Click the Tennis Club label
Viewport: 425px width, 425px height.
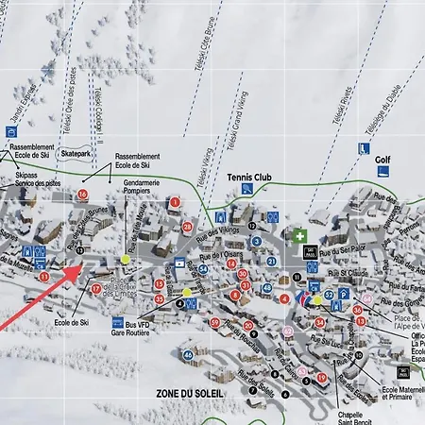click(x=249, y=177)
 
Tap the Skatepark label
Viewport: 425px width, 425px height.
click(x=74, y=152)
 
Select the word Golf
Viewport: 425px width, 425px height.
click(x=382, y=161)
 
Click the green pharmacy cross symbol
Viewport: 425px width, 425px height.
click(x=299, y=235)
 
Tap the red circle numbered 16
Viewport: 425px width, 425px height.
click(x=84, y=195)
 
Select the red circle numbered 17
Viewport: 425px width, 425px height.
click(x=95, y=288)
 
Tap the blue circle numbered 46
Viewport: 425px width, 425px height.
click(x=189, y=355)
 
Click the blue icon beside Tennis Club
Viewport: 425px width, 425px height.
click(x=246, y=190)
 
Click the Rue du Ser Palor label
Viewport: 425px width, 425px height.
click(x=342, y=251)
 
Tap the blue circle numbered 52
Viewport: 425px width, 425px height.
click(x=329, y=296)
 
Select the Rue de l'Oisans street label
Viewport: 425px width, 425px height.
click(x=230, y=253)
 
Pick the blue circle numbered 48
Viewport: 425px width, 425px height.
click(x=267, y=288)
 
